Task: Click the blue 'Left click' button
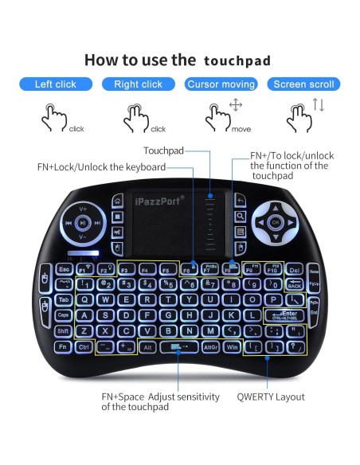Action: point(55,84)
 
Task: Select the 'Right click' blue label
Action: point(138,84)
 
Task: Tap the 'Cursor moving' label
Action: point(221,84)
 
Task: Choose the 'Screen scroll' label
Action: point(303,84)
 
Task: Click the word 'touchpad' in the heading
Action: point(237,61)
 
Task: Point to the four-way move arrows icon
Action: point(235,106)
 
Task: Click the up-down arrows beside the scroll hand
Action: point(318,104)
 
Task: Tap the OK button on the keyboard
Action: point(276,222)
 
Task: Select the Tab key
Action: point(63,299)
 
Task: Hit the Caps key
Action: point(63,315)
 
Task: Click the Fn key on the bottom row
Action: point(62,347)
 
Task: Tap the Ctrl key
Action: point(84,347)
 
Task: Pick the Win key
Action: point(233,347)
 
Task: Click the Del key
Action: point(293,269)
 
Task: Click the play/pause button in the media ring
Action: point(83,224)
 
